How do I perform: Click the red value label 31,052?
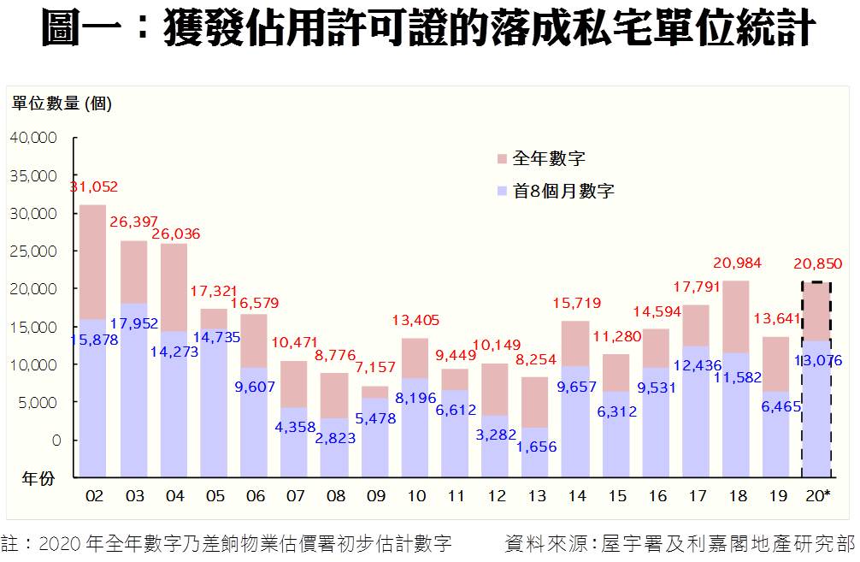(x=94, y=187)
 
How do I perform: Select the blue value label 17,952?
(x=134, y=323)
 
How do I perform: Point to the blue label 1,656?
(x=537, y=446)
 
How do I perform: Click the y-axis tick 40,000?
(x=34, y=138)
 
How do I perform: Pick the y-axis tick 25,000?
(x=34, y=251)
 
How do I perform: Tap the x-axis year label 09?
(x=375, y=496)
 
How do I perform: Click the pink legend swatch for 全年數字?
(x=501, y=159)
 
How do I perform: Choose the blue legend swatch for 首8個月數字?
(x=501, y=192)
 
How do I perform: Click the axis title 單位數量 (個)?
(x=62, y=104)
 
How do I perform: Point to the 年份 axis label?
(x=38, y=479)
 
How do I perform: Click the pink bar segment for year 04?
(x=174, y=287)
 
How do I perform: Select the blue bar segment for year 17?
(x=696, y=411)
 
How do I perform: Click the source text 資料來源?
(x=547, y=544)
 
